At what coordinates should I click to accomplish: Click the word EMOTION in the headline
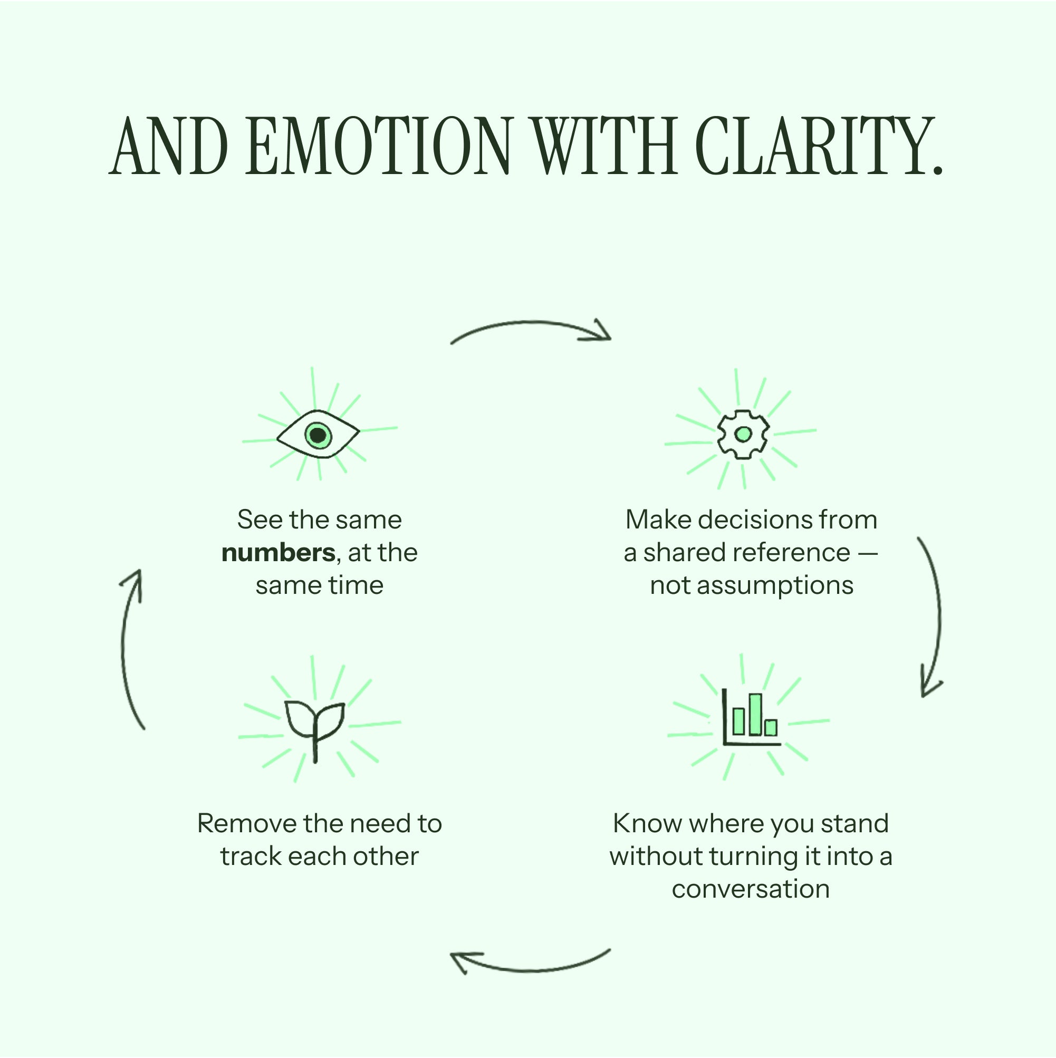pos(377,146)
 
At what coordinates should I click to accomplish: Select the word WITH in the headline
pos(605,146)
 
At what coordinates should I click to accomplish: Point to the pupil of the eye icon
pos(318,436)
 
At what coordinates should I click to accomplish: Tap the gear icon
pos(743,434)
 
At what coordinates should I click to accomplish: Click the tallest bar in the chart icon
pos(756,714)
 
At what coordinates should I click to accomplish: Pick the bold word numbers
pos(278,553)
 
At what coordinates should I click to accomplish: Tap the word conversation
pos(751,889)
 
